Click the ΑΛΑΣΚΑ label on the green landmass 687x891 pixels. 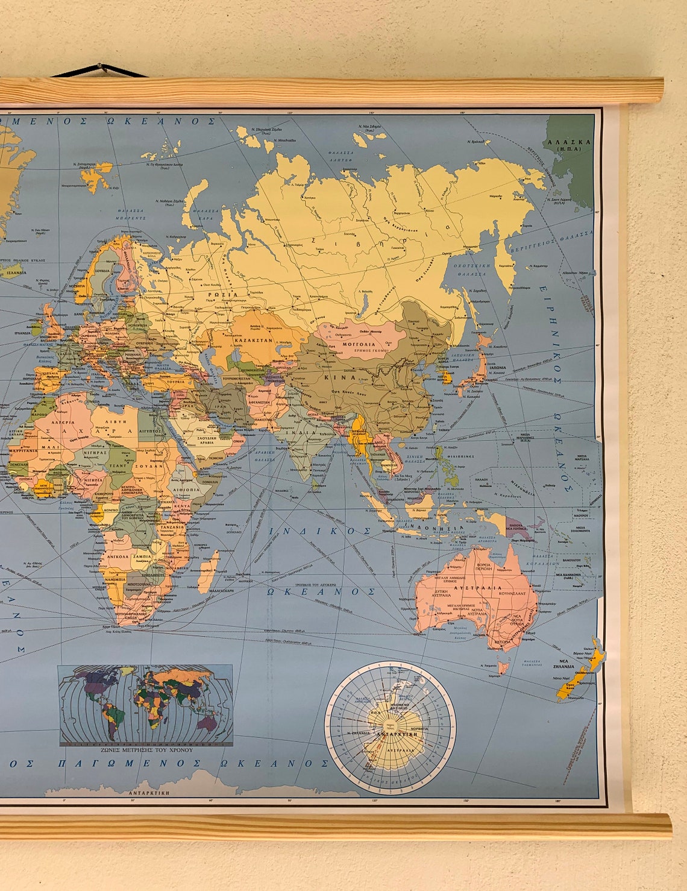point(568,143)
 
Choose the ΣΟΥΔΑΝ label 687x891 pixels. point(149,465)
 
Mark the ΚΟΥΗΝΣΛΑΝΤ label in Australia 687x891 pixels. point(511,593)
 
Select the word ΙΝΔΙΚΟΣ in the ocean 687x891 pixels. point(320,531)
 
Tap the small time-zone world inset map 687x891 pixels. point(145,704)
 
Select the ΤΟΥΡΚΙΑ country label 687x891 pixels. point(176,382)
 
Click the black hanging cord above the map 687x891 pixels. point(100,71)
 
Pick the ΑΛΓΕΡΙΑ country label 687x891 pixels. point(64,423)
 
